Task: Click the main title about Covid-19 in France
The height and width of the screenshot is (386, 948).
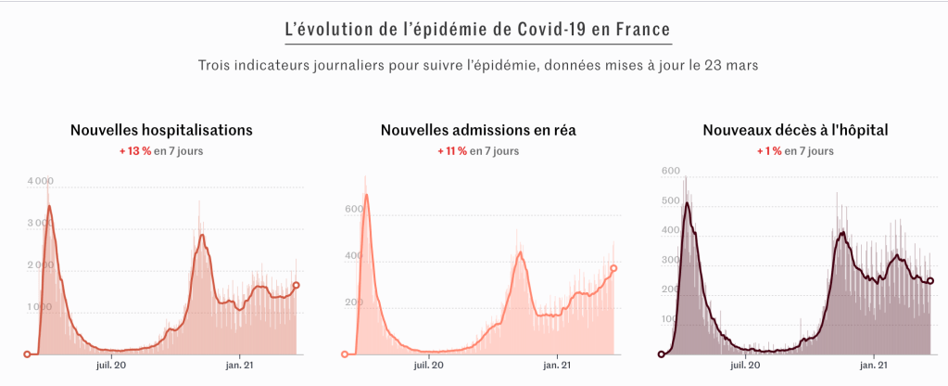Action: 478,28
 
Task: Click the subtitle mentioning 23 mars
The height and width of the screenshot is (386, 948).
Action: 478,65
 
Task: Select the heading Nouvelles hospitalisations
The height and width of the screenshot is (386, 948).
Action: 161,130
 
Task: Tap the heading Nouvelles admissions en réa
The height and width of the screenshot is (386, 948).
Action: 478,130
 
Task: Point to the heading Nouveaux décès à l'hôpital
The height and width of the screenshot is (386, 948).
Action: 795,130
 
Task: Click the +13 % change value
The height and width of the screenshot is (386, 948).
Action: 134,151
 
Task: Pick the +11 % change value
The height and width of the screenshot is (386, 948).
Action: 452,151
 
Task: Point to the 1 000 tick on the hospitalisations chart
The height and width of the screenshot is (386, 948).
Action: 38,307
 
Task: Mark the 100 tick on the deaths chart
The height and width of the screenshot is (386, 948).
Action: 669,319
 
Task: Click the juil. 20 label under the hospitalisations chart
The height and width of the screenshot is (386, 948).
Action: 110,366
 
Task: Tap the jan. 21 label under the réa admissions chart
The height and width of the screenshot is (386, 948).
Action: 557,366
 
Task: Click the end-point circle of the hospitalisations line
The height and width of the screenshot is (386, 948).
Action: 297,286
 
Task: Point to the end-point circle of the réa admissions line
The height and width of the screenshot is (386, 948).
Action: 613,268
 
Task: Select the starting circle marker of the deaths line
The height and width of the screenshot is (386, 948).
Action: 661,354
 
